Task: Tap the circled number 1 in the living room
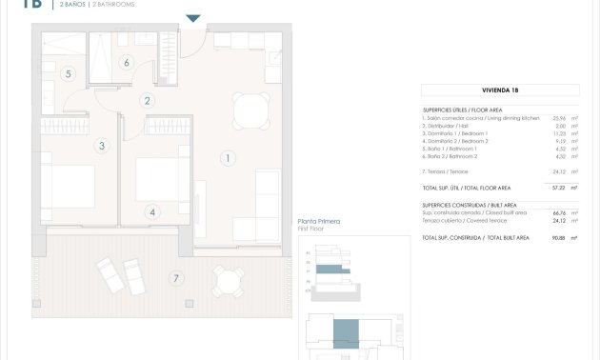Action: click(228, 158)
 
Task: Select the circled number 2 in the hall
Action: click(147, 100)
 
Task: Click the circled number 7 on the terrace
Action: click(174, 279)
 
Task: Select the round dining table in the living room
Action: click(250, 110)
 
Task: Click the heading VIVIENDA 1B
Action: click(499, 90)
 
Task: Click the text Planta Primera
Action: click(319, 222)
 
